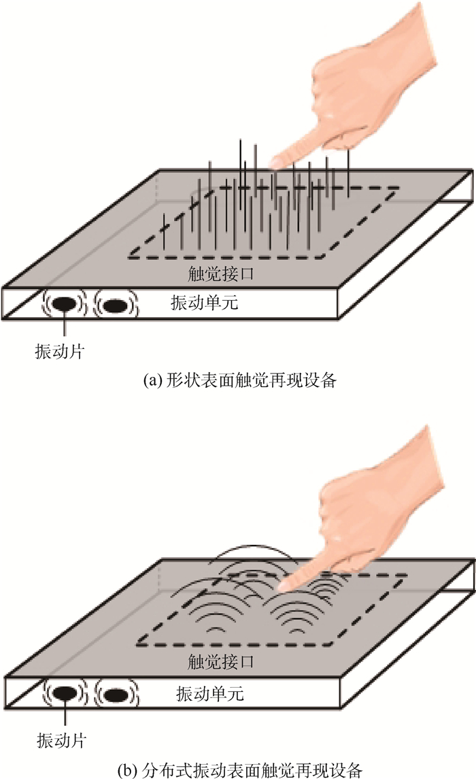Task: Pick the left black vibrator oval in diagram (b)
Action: (65, 694)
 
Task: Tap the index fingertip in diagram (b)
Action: (286, 582)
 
